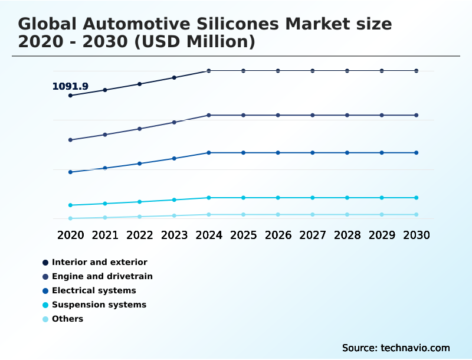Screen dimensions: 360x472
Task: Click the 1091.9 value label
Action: click(x=70, y=87)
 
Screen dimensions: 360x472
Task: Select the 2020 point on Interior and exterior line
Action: click(x=71, y=95)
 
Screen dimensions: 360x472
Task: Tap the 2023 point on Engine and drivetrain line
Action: click(x=174, y=122)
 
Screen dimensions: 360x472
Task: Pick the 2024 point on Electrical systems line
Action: click(x=209, y=153)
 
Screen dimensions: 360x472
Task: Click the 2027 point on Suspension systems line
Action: click(x=313, y=198)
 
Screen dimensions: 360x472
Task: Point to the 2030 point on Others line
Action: click(x=417, y=215)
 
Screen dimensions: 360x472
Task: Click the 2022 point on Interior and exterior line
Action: click(x=140, y=84)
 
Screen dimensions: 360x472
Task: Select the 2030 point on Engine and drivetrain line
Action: click(x=417, y=115)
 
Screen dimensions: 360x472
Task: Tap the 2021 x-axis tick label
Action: click(x=105, y=235)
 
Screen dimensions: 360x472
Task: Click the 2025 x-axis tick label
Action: click(x=243, y=235)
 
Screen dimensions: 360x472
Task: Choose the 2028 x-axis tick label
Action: click(x=347, y=235)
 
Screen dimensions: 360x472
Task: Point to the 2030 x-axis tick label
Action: click(x=417, y=235)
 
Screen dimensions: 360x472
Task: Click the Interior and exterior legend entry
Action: click(x=99, y=262)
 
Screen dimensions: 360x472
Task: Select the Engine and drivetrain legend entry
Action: click(x=102, y=276)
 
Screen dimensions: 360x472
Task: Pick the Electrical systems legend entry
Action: click(x=94, y=290)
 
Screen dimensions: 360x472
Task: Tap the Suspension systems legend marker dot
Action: click(x=45, y=305)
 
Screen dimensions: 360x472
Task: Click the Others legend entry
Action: click(x=67, y=319)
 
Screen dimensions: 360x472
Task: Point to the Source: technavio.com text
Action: click(x=396, y=348)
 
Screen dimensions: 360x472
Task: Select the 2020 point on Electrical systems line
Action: click(x=71, y=172)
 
